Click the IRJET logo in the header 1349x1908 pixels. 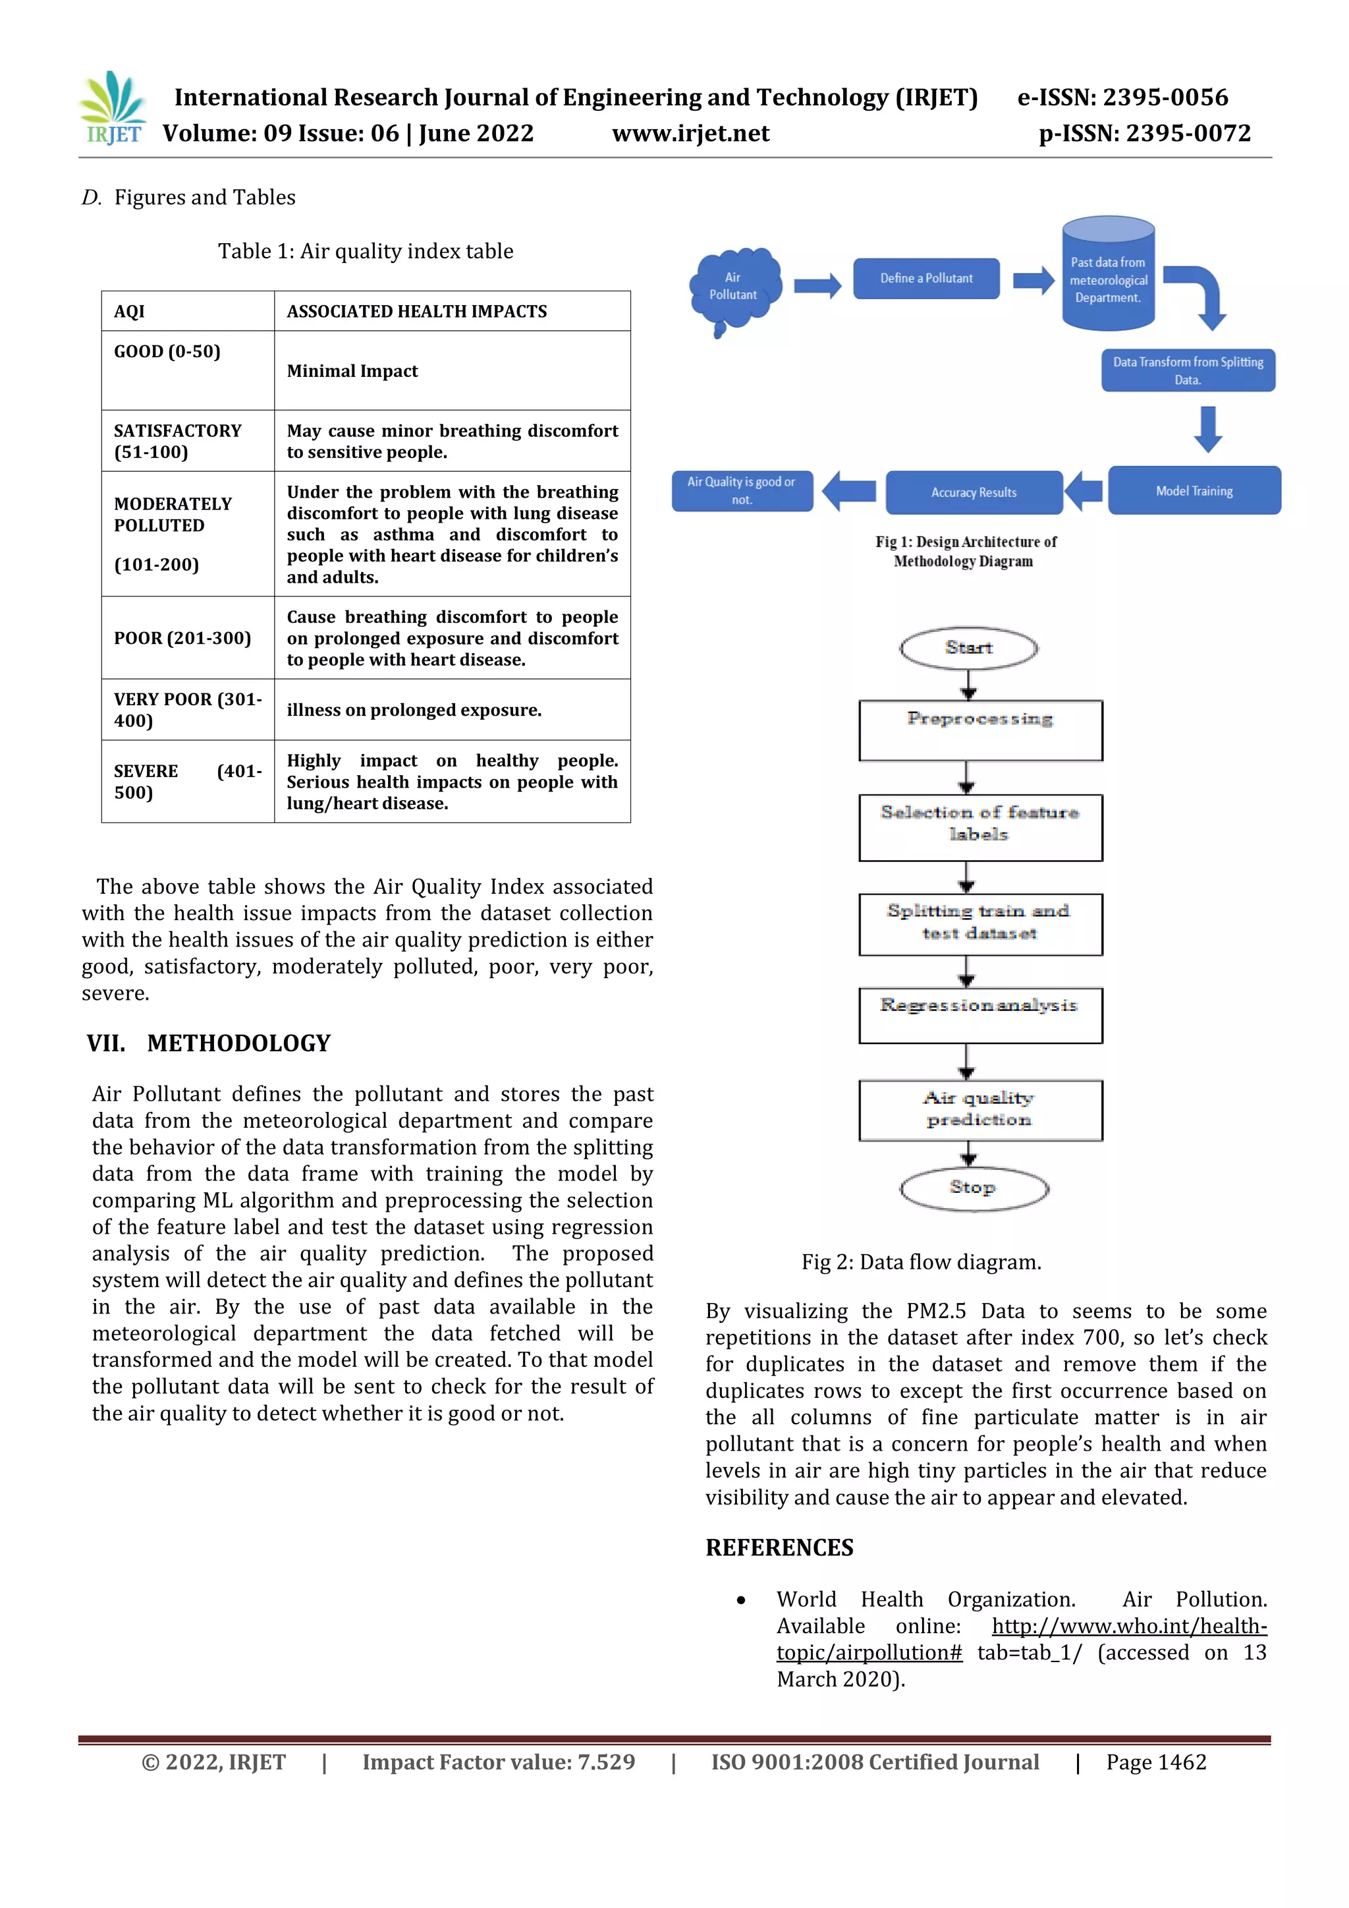(114, 108)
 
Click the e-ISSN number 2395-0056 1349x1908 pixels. (1122, 98)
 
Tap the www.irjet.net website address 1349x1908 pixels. (690, 133)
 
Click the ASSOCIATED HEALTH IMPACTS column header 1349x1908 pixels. (417, 311)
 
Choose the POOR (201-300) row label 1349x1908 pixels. (182, 637)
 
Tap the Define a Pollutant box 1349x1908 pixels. (926, 278)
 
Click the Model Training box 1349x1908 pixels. (1194, 490)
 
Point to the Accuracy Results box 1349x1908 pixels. (974, 492)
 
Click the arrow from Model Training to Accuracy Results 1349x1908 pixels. (1084, 490)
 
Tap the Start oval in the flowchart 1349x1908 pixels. (968, 647)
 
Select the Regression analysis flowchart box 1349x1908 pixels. (980, 1015)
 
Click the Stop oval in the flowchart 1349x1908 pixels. (974, 1188)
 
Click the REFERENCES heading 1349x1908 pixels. (779, 1547)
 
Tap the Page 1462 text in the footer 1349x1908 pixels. (1155, 1762)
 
